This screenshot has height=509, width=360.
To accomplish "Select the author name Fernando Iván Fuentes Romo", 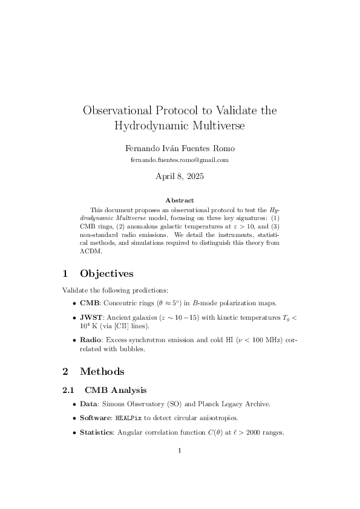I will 180,148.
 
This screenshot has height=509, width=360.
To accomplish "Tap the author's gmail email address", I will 180,160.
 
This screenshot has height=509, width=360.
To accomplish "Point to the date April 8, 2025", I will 180,177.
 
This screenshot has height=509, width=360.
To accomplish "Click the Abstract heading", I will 180,200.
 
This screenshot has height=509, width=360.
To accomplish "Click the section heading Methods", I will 102,371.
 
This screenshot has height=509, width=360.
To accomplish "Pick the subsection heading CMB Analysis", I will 116,390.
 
